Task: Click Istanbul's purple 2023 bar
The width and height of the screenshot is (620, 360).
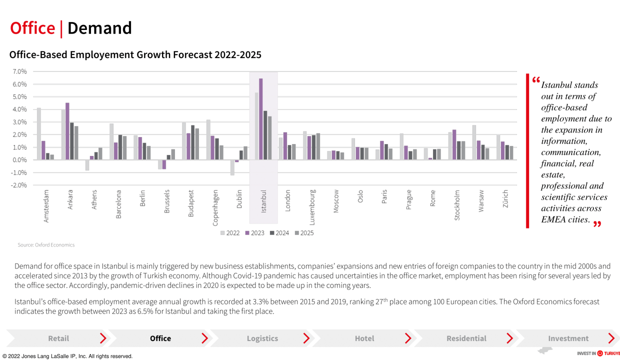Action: point(260,119)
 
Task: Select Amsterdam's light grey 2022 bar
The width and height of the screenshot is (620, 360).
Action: point(39,133)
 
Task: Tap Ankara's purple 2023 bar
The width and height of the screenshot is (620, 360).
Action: point(67,131)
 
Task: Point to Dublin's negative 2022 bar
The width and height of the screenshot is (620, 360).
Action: point(232,167)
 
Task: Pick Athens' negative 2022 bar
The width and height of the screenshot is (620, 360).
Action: point(87,165)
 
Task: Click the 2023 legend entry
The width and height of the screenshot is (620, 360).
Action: point(254,233)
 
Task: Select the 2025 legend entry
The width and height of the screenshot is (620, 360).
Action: point(304,233)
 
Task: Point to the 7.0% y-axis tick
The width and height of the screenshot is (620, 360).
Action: point(19,71)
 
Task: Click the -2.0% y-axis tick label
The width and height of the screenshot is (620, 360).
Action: point(18,185)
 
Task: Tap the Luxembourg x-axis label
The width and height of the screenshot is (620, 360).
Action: point(312,207)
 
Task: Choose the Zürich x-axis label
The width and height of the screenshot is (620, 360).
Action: point(505,198)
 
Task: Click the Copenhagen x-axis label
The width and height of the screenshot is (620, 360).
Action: point(215,208)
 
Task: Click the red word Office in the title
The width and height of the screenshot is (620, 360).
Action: point(32,28)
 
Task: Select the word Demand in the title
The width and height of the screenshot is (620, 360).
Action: point(99,28)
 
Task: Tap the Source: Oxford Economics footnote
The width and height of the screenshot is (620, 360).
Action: point(46,245)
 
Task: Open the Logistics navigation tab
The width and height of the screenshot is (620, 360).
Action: point(262,338)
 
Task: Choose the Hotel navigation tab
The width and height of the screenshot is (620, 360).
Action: point(364,338)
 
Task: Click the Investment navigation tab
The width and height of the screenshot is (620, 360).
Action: point(568,338)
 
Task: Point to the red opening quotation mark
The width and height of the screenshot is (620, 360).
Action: point(536,80)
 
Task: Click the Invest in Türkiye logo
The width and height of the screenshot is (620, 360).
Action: point(598,353)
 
